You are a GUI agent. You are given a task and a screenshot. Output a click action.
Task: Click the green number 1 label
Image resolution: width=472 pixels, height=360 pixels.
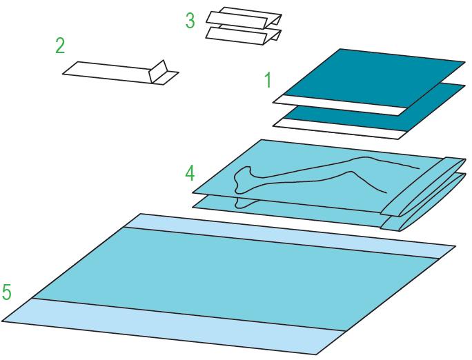click(x=268, y=79)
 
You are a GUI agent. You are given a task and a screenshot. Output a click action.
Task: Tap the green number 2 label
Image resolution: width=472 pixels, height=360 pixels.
click(x=60, y=46)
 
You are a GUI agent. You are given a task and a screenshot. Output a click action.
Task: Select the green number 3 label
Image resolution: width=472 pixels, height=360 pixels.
click(x=190, y=21)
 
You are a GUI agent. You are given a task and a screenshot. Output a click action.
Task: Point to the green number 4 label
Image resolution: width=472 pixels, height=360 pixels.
click(x=190, y=174)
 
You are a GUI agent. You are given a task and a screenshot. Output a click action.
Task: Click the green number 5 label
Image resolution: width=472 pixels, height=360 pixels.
click(x=7, y=292)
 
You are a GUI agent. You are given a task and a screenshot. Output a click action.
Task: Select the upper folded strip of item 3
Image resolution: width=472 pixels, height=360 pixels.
click(x=244, y=19)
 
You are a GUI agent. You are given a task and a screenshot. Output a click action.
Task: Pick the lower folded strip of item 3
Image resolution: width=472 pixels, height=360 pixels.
click(x=243, y=36)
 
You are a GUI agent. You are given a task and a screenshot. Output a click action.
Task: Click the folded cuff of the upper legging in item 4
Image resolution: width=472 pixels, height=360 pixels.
click(x=422, y=186)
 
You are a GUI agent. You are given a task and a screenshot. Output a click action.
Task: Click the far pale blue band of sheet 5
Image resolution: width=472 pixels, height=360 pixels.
click(x=289, y=236)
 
